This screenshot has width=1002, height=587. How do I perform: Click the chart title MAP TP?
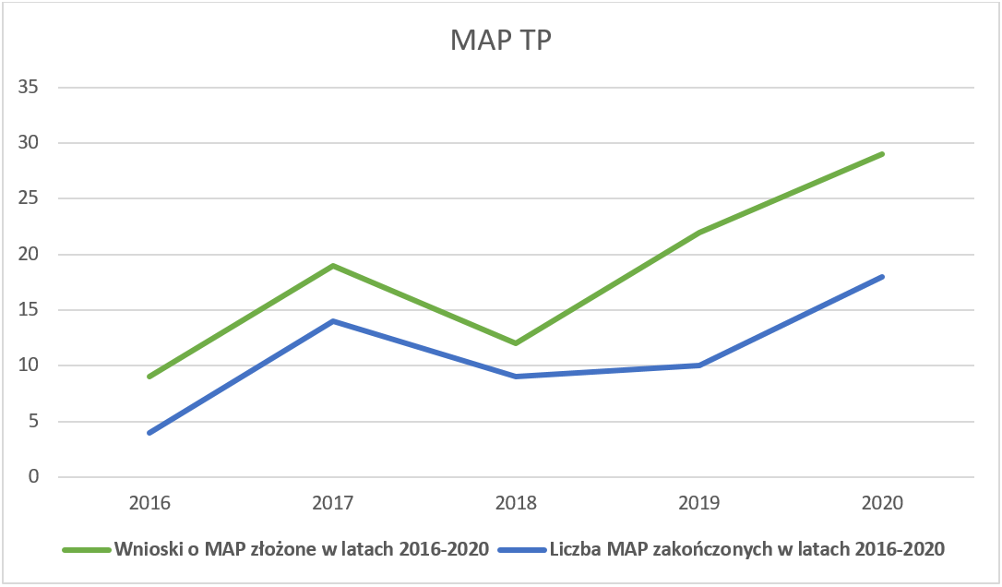click(500, 42)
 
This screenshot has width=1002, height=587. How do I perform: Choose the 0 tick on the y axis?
click(33, 477)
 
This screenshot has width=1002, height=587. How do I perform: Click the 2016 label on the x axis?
click(149, 504)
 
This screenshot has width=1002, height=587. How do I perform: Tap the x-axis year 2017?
click(332, 504)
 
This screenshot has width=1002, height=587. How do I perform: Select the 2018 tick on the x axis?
click(516, 504)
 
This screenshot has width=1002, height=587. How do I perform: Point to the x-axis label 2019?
click(699, 504)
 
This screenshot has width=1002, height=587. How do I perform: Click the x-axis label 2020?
click(883, 504)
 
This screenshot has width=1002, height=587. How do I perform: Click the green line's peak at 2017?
click(332, 266)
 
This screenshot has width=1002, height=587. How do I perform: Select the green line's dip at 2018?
click(516, 343)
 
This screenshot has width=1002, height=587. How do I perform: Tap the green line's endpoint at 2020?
click(883, 153)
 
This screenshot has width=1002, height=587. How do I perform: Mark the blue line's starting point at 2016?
click(149, 433)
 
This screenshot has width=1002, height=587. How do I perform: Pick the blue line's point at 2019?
click(699, 365)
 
